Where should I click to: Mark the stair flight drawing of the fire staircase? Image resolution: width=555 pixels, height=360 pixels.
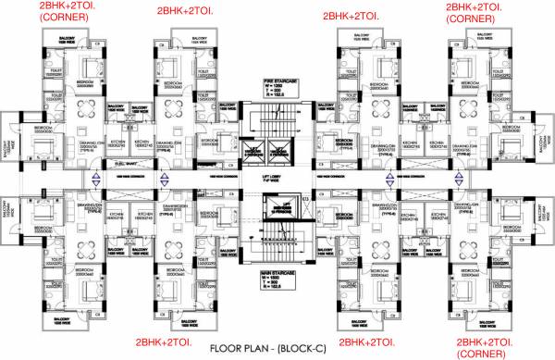tap(277, 116)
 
